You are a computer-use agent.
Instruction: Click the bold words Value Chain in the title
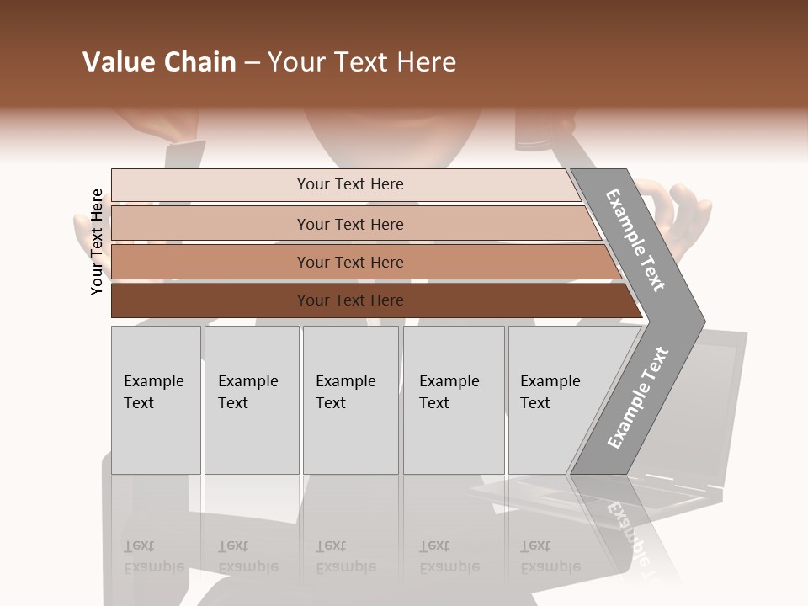coord(159,62)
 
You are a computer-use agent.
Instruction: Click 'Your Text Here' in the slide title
coord(362,62)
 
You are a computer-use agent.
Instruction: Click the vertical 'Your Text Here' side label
coord(97,242)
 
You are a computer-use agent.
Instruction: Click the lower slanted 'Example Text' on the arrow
coord(637,398)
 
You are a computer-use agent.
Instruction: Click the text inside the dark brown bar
coord(350,300)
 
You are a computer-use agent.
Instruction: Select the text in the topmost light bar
coord(350,184)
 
